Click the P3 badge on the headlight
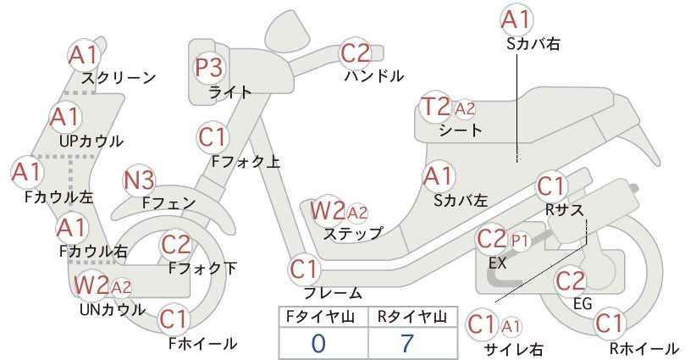coord(209,68)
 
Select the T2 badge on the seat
coord(435,107)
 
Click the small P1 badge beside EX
coord(520,241)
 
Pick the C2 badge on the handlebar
coord(355,53)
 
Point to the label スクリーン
coord(119,78)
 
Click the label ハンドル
coord(374,76)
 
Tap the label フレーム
coord(333,293)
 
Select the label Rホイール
coord(644,348)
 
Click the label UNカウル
coord(113,309)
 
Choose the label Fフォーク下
coord(203,269)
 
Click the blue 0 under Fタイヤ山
coord(318,343)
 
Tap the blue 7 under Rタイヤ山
coord(406,343)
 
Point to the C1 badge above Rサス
coord(551,186)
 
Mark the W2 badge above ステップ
coord(328,210)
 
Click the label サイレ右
coord(514,349)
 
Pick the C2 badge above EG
coord(571,281)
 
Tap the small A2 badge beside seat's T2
coord(465,108)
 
